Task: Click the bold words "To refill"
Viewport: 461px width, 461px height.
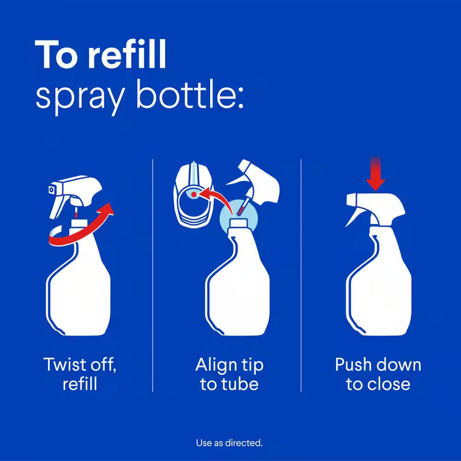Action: point(100,54)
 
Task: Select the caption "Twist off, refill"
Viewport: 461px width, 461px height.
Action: point(80,374)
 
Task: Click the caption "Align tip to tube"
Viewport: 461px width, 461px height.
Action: point(229,374)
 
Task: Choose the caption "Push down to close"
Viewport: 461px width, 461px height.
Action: point(378,374)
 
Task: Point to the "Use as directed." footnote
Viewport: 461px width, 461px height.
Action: point(229,443)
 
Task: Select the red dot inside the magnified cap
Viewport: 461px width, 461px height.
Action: point(194,195)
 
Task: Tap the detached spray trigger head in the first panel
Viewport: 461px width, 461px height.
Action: point(76,194)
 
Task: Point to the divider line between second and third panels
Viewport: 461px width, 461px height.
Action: point(301,277)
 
